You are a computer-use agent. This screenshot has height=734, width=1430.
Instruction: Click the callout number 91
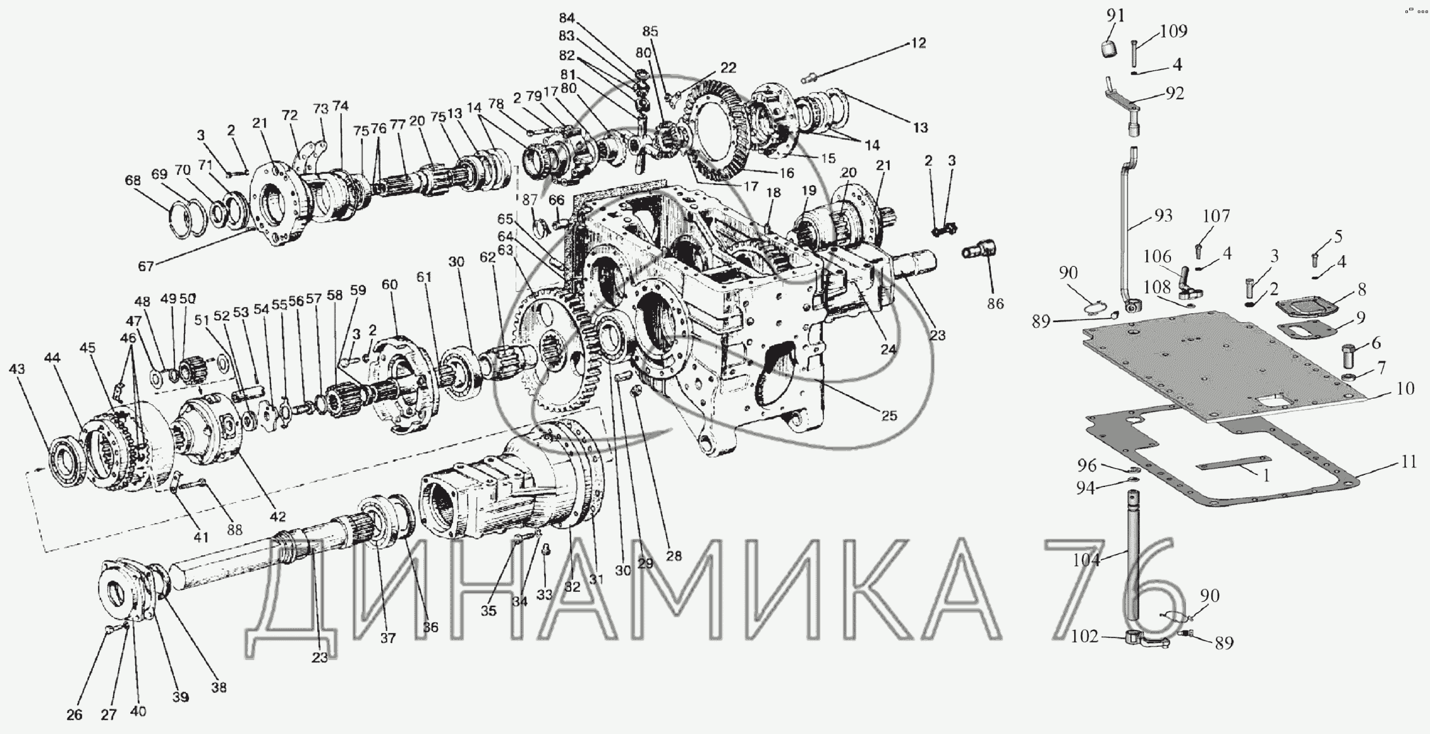[1115, 15]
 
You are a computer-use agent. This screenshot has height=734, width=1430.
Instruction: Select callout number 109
[1173, 31]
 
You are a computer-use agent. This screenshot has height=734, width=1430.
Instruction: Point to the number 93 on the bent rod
[1163, 216]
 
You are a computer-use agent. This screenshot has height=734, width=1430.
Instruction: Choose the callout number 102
[1085, 636]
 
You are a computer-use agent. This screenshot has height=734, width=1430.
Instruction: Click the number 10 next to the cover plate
[1405, 389]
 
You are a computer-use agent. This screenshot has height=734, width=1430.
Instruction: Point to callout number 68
[133, 181]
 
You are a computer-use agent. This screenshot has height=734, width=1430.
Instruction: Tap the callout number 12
[918, 43]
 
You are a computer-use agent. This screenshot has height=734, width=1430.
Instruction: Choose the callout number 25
[889, 416]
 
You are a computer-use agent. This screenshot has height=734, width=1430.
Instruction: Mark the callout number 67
[146, 266]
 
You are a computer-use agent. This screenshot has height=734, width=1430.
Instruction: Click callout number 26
[75, 715]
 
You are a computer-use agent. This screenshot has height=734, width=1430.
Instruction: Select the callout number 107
[1216, 217]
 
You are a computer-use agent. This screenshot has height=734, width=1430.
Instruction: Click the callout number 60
[390, 285]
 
